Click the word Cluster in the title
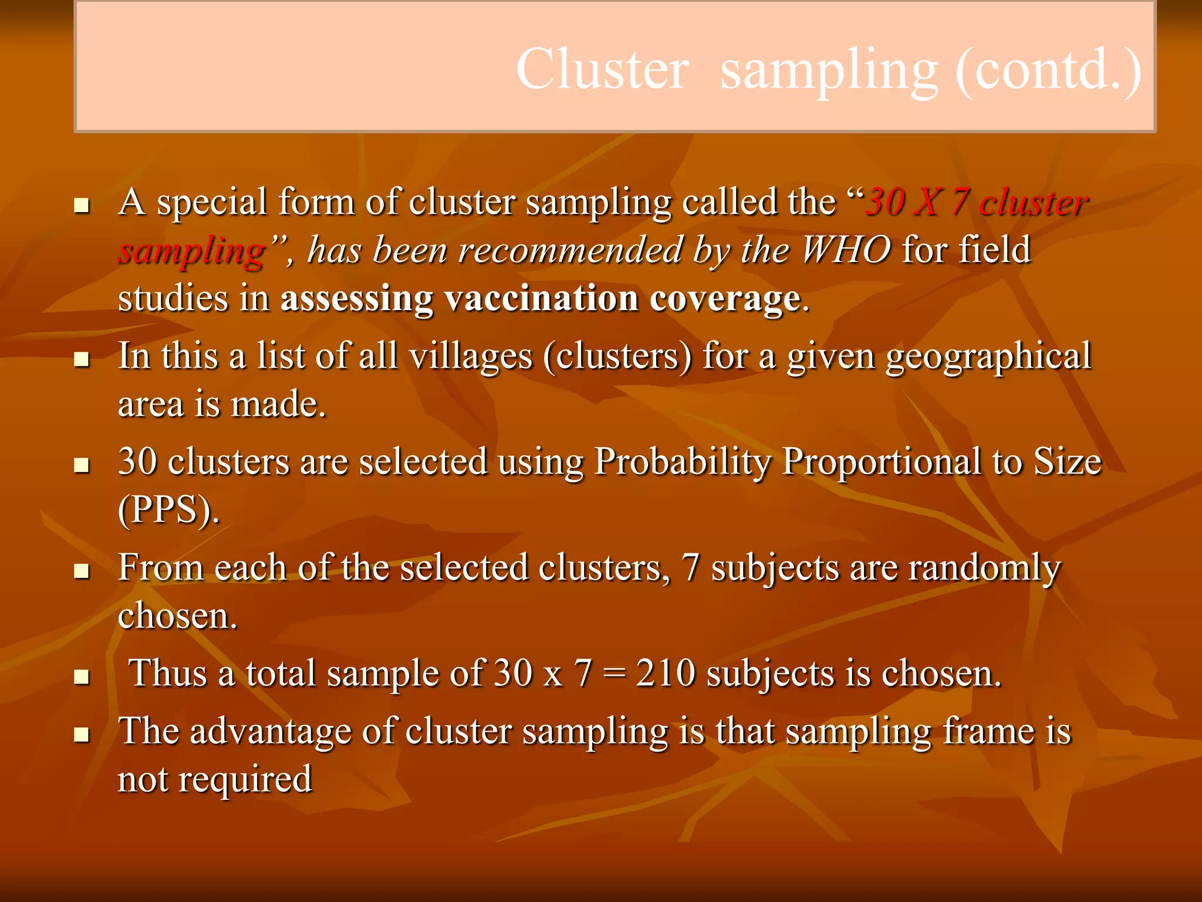(602, 69)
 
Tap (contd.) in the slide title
(1048, 69)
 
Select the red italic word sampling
(192, 251)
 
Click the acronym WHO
(846, 250)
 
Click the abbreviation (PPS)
(168, 510)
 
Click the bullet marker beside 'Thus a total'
(82, 677)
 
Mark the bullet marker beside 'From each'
(82, 571)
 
